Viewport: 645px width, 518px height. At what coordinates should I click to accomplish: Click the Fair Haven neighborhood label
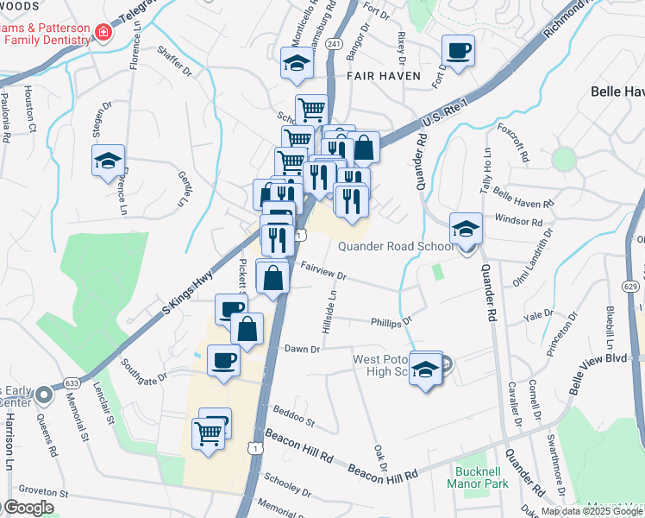pos(384,76)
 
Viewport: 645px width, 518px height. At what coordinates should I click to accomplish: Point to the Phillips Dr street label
pos(391,322)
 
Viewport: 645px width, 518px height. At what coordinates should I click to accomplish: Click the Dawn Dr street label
pos(303,349)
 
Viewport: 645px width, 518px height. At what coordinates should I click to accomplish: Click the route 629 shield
pos(630,286)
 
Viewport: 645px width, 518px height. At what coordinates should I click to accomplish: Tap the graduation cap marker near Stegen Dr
pos(109,160)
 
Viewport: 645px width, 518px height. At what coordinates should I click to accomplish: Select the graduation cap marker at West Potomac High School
pos(424,369)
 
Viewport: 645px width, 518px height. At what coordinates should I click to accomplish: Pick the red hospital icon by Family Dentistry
pos(103,33)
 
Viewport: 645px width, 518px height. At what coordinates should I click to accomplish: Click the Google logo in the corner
pos(28,508)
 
